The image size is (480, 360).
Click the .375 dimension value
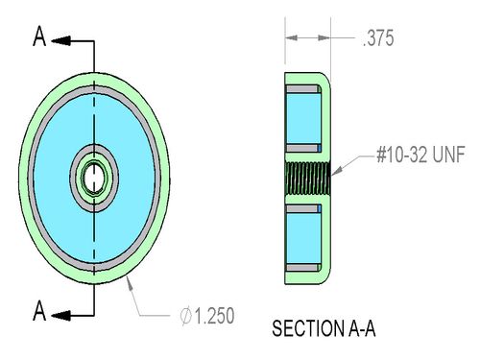[378, 38]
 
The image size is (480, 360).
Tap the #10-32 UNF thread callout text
[420, 155]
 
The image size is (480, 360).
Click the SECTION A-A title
[324, 328]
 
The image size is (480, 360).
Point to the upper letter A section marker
[39, 36]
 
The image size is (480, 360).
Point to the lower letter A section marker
[39, 311]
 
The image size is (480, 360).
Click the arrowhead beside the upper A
[60, 40]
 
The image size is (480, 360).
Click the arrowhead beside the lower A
[60, 316]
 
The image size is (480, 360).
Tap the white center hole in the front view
[94, 178]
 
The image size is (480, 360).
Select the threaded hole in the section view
[308, 179]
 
